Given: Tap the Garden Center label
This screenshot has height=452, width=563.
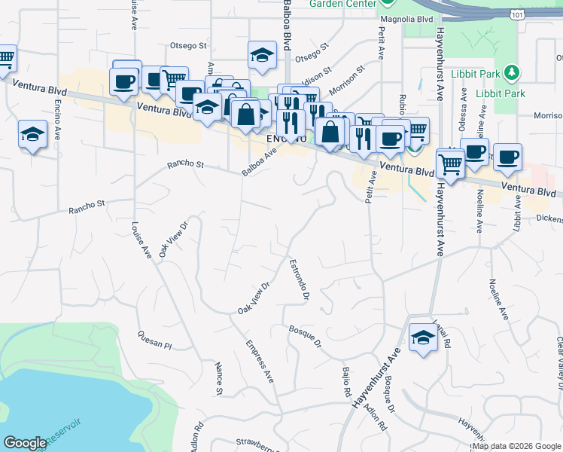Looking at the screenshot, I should coord(343,4).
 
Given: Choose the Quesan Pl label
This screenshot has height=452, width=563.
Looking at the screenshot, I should coord(155,340).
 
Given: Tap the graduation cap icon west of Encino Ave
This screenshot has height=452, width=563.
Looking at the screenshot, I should coord(32,134).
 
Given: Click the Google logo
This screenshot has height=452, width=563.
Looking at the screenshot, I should coord(26,443).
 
